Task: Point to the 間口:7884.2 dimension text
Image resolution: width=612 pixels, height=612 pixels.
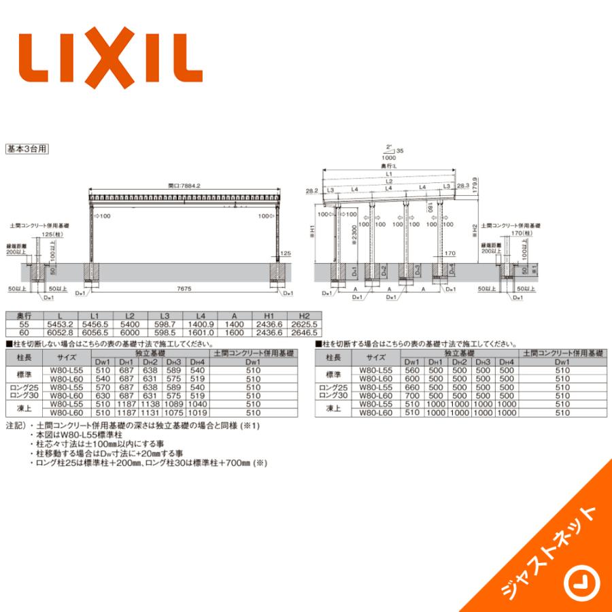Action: coord(185,185)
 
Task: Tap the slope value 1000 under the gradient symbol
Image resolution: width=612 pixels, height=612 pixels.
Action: coord(390,158)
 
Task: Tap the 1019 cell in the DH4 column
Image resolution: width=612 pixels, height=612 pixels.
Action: coord(197,412)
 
